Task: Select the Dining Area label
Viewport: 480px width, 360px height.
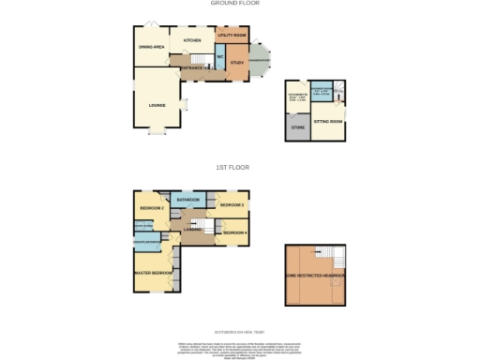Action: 152,45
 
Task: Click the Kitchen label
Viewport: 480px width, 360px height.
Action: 193,41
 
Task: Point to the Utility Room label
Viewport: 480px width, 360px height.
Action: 232,35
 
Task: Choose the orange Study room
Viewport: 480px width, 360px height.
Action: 236,62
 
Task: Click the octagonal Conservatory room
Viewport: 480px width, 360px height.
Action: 260,61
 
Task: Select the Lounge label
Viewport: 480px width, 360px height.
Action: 157,105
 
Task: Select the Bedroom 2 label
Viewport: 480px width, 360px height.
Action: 152,207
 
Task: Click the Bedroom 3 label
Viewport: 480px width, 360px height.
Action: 232,204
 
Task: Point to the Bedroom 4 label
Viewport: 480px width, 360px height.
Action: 234,232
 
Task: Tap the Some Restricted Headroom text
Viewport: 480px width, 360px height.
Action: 316,276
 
